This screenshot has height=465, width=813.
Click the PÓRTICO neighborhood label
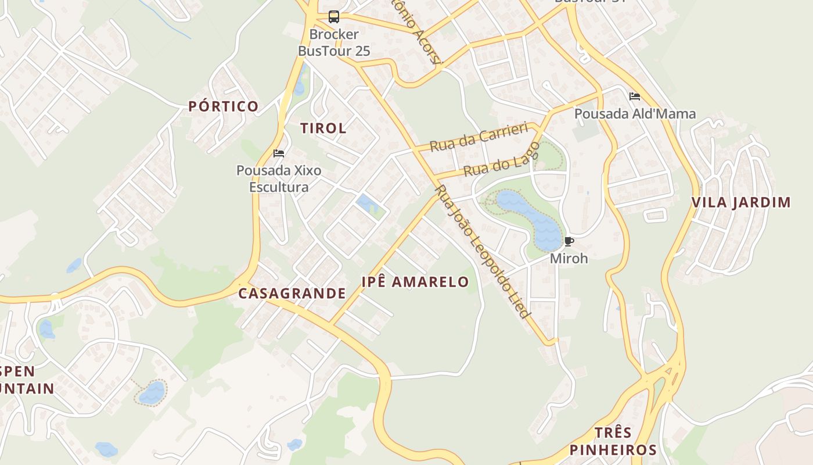[224, 106]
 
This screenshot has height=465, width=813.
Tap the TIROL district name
[323, 128]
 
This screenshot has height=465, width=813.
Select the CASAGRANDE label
[292, 294]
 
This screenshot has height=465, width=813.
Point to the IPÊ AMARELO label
[415, 282]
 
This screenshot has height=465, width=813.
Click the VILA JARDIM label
[741, 203]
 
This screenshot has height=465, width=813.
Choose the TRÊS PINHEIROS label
[613, 442]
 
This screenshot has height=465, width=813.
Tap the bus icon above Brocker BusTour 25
[333, 17]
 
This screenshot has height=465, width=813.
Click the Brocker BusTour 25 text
[334, 43]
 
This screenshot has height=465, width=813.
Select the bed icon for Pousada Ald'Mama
[634, 96]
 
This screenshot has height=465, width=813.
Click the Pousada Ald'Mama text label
[635, 114]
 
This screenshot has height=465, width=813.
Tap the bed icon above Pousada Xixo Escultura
[279, 154]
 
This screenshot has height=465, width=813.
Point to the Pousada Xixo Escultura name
[279, 179]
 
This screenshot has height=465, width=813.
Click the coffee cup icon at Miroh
[569, 241]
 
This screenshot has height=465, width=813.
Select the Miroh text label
[569, 258]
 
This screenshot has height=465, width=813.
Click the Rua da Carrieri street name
[478, 137]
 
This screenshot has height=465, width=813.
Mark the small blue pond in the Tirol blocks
[367, 205]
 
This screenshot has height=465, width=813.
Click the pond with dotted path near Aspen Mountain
[152, 392]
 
